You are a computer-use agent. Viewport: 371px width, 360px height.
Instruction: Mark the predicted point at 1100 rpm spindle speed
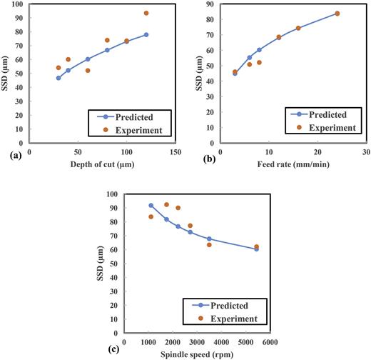[151, 206]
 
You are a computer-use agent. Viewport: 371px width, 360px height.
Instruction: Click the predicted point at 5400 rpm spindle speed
[256, 249]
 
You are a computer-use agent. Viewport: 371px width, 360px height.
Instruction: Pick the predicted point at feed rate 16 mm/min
[298, 28]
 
